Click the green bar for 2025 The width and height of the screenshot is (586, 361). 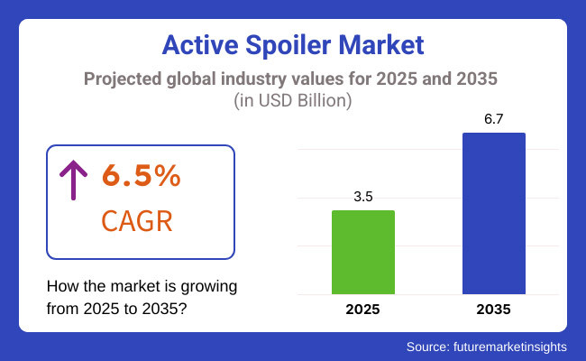(363, 252)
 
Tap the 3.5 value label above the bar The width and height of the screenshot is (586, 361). (363, 195)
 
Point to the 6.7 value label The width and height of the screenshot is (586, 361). (493, 118)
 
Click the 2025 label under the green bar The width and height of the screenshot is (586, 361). (363, 310)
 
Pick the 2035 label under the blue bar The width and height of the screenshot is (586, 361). (493, 310)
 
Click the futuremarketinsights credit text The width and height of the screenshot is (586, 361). (515, 346)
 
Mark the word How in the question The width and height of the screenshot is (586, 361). (61, 287)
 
